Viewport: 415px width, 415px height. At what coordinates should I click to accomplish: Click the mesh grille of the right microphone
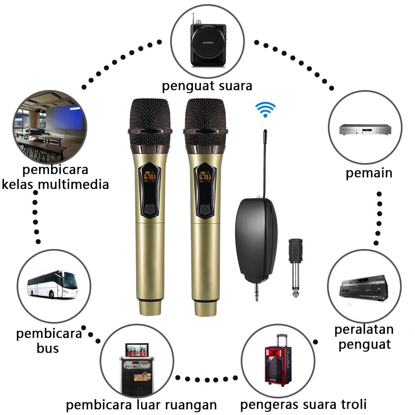[205, 116]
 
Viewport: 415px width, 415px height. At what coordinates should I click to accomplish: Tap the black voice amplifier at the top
[207, 44]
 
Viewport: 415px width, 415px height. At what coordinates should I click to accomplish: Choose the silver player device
[365, 129]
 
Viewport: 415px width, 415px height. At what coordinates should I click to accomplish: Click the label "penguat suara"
[207, 86]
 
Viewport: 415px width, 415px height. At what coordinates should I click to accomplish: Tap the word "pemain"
[369, 173]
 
